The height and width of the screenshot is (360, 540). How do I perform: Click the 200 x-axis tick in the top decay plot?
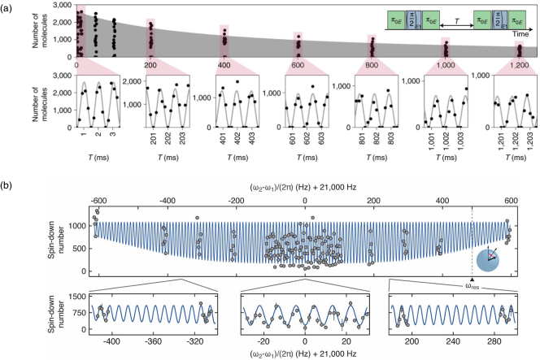point(150,64)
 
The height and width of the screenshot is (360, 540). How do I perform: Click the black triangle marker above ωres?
point(472,279)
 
